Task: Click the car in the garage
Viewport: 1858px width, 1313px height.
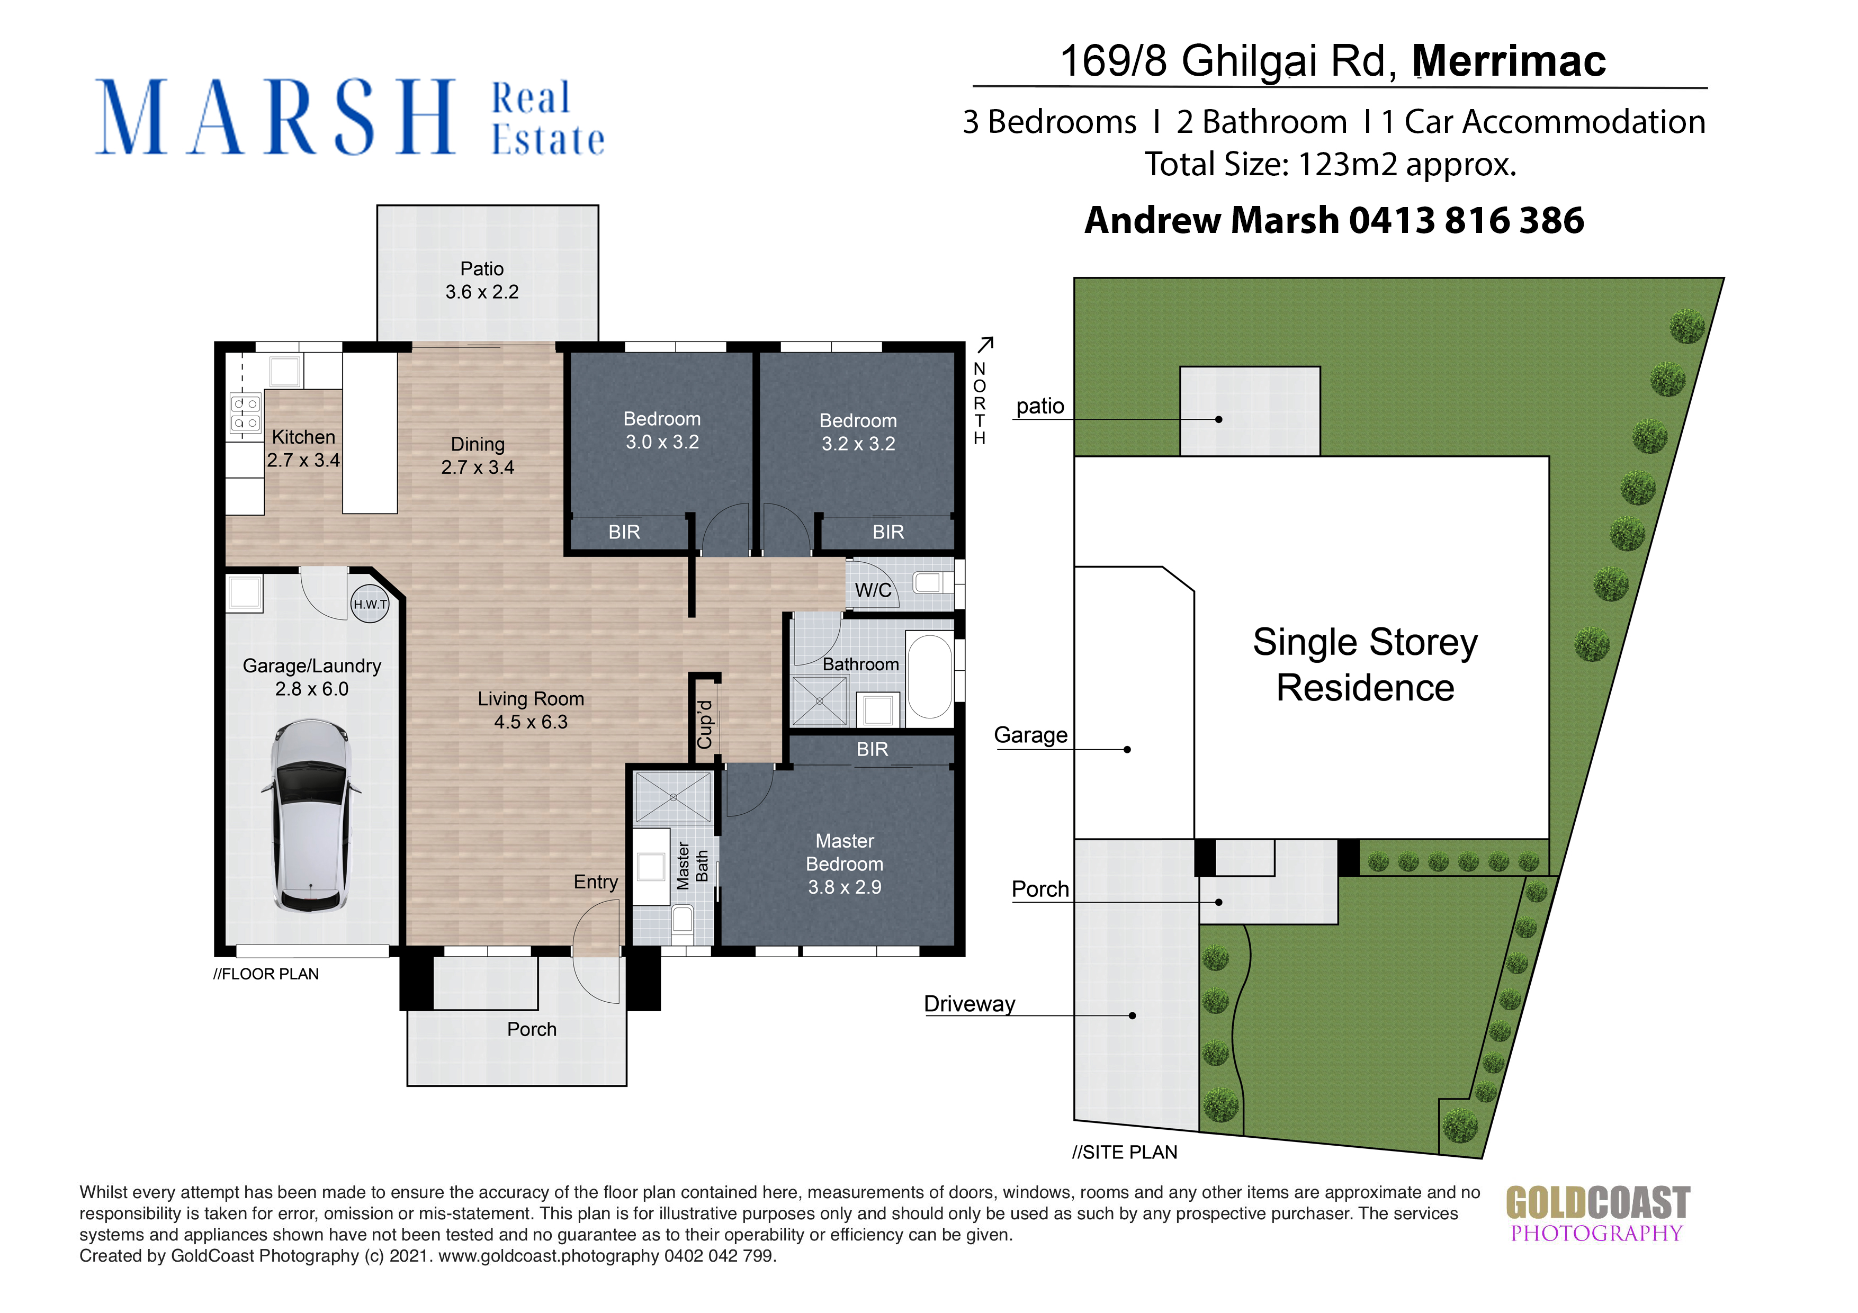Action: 311,815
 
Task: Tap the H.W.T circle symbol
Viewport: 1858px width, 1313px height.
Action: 370,604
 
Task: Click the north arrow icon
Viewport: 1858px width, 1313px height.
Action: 985,345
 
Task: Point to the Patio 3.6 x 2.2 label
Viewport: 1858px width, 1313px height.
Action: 482,280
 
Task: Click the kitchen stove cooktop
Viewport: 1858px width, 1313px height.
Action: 245,412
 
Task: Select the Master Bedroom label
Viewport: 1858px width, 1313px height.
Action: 845,864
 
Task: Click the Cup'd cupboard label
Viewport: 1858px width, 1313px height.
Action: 705,725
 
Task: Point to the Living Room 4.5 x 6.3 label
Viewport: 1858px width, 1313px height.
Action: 531,711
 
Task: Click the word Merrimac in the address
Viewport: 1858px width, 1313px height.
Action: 1509,61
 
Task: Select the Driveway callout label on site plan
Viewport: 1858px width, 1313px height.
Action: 970,1004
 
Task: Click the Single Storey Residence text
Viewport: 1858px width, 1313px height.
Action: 1365,664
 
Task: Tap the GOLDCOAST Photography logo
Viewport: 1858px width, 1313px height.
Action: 1597,1213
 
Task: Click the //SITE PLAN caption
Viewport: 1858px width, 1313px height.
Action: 1125,1152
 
